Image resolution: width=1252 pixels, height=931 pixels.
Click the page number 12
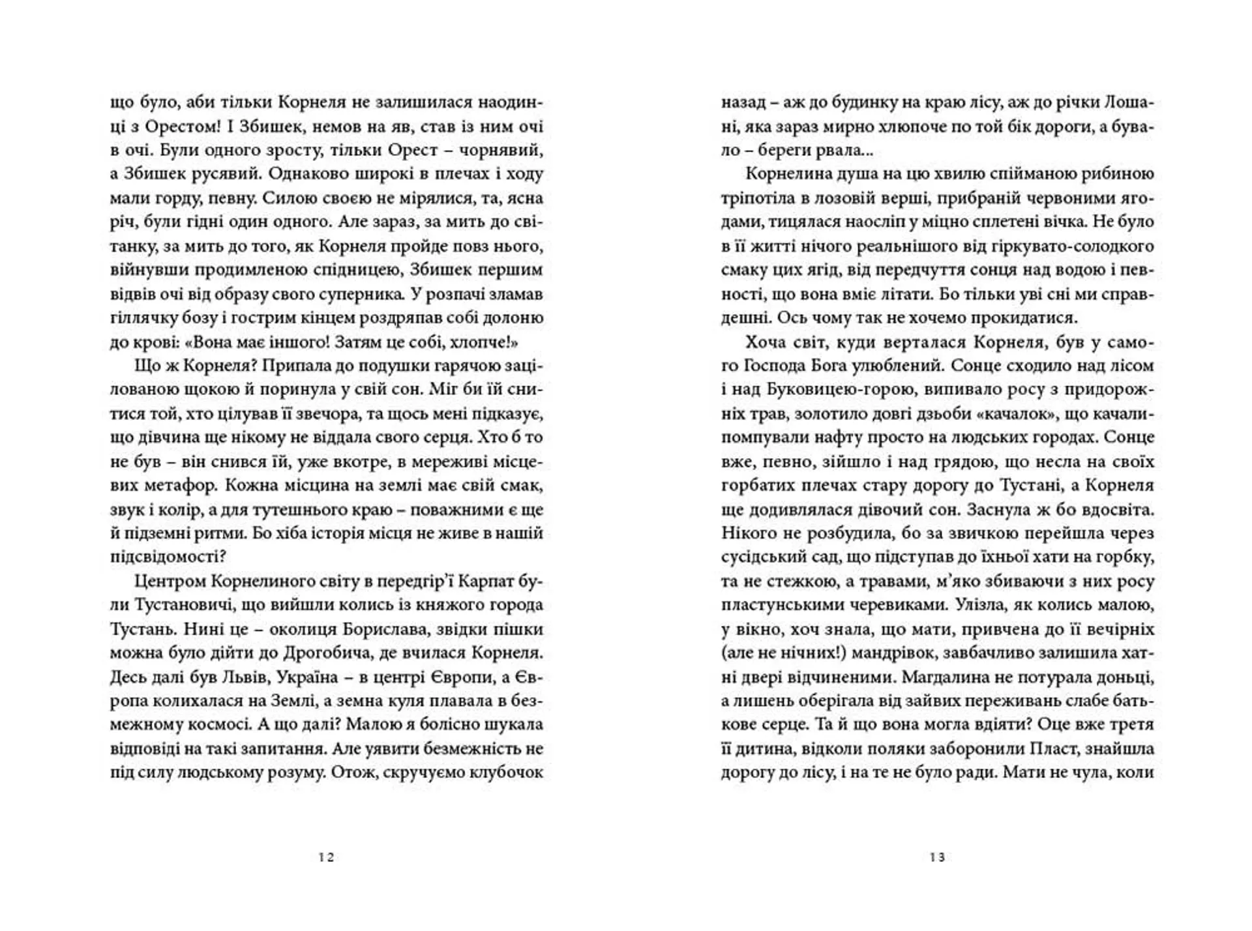click(x=327, y=858)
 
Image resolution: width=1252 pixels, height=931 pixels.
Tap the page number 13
click(x=938, y=858)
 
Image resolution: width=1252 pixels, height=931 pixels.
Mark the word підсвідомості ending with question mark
click(x=168, y=557)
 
